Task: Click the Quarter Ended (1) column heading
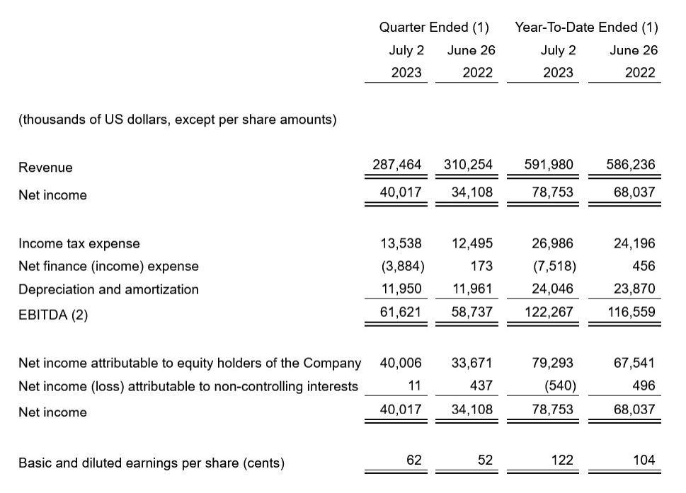[434, 28]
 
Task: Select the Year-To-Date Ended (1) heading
[586, 28]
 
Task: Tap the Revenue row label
[45, 168]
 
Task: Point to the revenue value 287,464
[396, 165]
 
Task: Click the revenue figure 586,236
[631, 165]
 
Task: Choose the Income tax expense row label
[79, 243]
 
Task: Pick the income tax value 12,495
[472, 243]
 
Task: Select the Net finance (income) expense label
[108, 267]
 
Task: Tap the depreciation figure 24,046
[552, 289]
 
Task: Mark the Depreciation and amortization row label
[108, 289]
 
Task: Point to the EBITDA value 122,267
[549, 311]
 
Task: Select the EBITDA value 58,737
[472, 311]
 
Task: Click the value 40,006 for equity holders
[401, 363]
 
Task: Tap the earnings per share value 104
[644, 460]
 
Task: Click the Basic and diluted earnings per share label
[152, 463]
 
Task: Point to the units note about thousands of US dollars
[177, 120]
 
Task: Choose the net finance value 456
[645, 266]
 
